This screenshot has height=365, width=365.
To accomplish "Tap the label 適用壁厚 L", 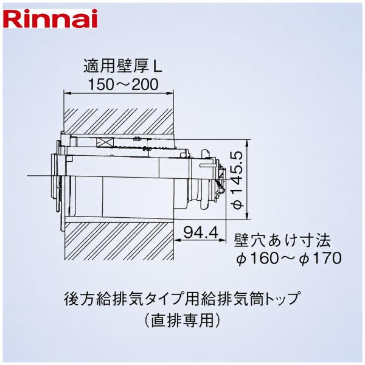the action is [123, 66].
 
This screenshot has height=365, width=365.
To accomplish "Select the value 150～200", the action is [123, 85].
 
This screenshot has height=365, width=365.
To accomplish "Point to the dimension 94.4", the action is [201, 232].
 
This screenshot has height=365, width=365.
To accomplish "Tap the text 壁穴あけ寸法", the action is [282, 240].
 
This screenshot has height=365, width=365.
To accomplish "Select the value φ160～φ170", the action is [288, 258].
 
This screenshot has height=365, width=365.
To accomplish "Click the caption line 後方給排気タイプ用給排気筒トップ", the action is [181, 299].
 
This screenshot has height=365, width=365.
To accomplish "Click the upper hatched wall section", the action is [119, 122].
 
